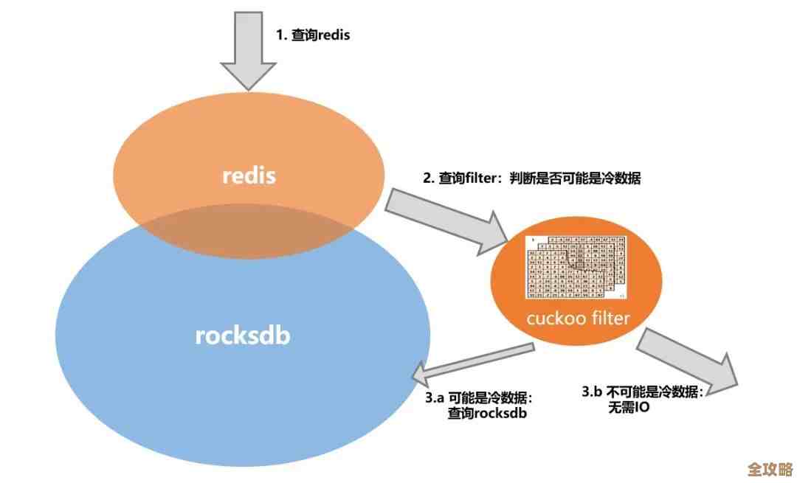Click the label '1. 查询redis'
(x=313, y=35)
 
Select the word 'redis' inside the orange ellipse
(x=249, y=176)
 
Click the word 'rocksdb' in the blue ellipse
(x=243, y=336)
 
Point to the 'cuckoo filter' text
(x=578, y=319)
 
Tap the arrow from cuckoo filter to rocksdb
(x=472, y=364)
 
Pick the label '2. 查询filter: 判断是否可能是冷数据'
(x=529, y=178)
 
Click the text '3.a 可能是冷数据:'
(x=478, y=397)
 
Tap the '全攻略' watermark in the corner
(x=768, y=469)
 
